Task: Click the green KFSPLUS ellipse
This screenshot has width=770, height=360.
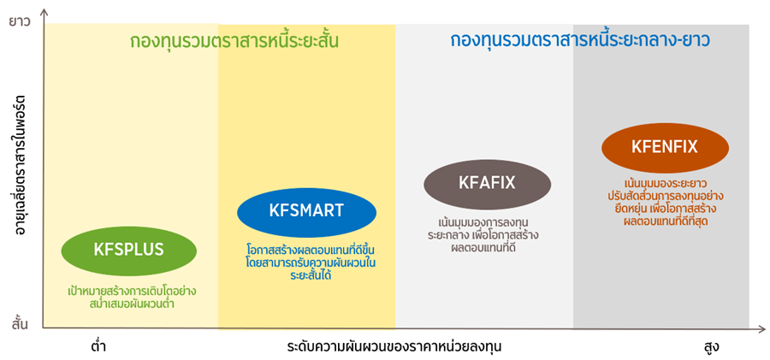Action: click(128, 251)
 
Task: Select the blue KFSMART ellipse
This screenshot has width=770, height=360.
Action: click(306, 212)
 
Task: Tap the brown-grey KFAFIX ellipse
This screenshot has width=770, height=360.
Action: click(487, 184)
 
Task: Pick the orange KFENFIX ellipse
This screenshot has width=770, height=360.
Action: click(665, 148)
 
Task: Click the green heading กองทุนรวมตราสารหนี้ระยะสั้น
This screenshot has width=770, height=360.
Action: click(234, 41)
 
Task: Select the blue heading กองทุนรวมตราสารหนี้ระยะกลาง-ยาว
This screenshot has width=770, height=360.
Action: click(580, 40)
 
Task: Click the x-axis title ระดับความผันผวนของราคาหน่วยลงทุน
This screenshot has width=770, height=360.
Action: click(394, 346)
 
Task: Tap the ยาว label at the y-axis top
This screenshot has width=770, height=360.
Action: click(21, 21)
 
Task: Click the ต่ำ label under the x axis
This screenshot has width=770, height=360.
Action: click(98, 346)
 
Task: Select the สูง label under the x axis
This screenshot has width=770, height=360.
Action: click(711, 347)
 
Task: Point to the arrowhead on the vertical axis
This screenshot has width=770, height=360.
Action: click(45, 12)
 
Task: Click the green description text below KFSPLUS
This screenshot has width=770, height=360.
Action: click(132, 297)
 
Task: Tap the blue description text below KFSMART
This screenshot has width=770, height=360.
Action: click(311, 262)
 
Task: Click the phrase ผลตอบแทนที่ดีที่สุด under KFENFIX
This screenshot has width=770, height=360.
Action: click(665, 221)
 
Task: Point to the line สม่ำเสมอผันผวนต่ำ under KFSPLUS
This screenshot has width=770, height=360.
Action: click(130, 304)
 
